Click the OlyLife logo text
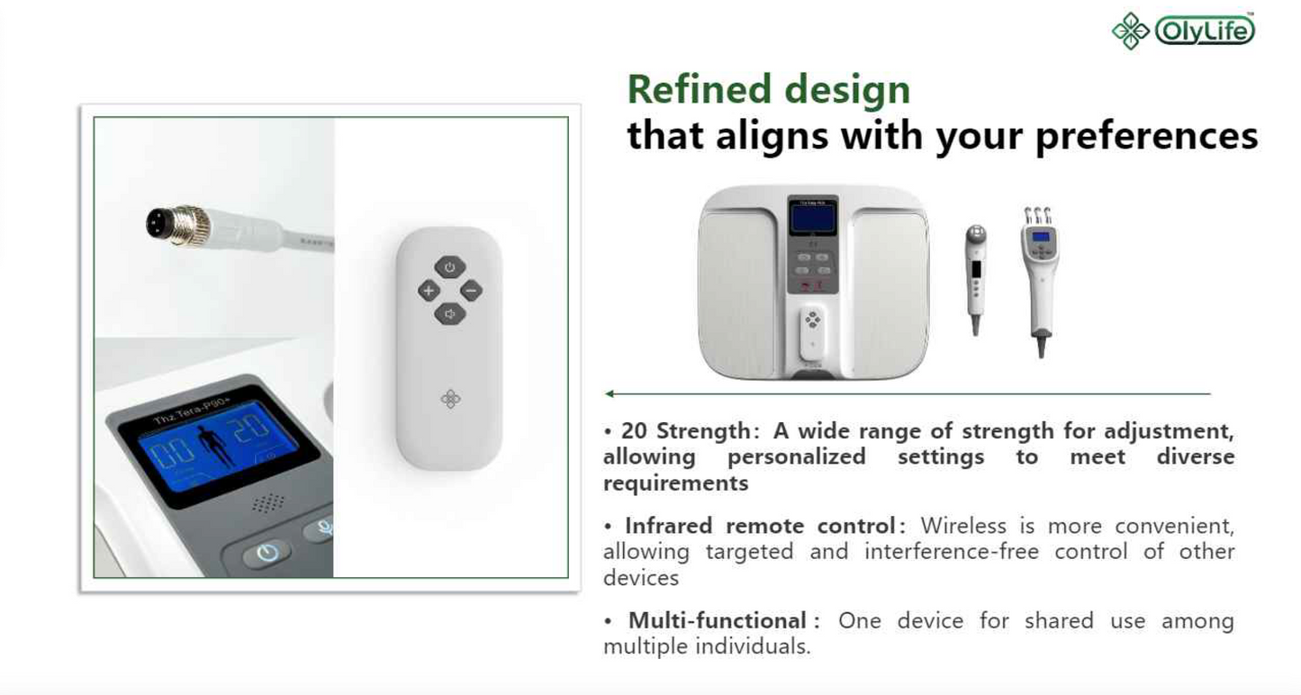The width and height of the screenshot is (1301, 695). [1206, 31]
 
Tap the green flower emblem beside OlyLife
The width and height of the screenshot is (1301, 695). [1130, 31]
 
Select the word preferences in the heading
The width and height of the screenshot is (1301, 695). [1146, 137]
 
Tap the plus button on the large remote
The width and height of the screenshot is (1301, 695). [429, 290]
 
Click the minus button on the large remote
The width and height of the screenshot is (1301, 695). [471, 290]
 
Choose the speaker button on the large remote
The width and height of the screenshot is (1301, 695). [449, 314]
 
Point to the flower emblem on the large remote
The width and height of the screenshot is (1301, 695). [450, 399]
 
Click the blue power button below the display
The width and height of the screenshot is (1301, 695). [267, 552]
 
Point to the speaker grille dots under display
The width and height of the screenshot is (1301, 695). [268, 503]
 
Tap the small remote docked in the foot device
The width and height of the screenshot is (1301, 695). [812, 334]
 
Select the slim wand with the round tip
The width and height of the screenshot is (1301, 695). [976, 279]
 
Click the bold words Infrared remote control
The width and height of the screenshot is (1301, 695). [760, 526]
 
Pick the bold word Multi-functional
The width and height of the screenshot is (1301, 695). [717, 620]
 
